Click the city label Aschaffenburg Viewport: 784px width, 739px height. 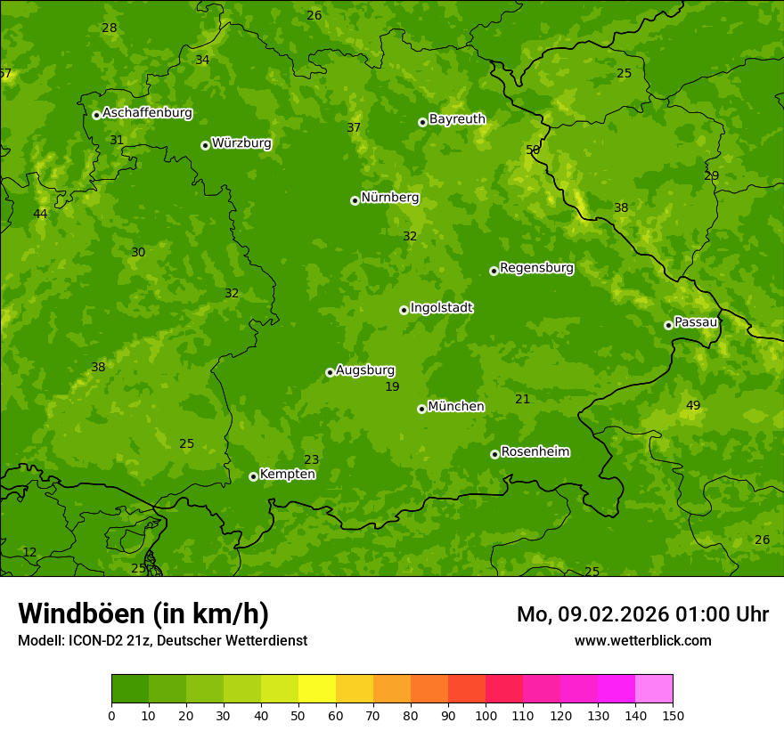[x=147, y=113]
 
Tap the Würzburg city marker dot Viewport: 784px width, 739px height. [x=205, y=145]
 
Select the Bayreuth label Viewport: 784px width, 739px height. [x=457, y=119]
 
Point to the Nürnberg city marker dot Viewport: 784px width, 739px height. [x=355, y=200]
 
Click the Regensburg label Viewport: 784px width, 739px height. [x=536, y=268]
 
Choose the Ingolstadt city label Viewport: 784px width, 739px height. [x=441, y=308]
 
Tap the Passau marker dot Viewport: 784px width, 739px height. [x=668, y=325]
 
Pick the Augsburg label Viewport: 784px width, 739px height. [x=365, y=370]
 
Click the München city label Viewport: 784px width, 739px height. [x=456, y=407]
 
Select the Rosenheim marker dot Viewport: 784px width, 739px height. [x=494, y=454]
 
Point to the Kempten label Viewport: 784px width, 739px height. [x=287, y=475]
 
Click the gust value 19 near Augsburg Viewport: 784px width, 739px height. [x=392, y=387]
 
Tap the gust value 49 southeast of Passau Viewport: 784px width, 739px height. [x=693, y=406]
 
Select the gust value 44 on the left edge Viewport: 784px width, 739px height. [x=40, y=215]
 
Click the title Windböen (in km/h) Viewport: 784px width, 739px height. [x=143, y=613]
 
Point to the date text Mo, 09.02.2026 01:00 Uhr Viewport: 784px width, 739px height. [x=642, y=614]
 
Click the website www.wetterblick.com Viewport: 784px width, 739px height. [x=642, y=641]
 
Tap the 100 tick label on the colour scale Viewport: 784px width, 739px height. [x=486, y=715]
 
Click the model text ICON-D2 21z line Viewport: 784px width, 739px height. [x=162, y=641]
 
